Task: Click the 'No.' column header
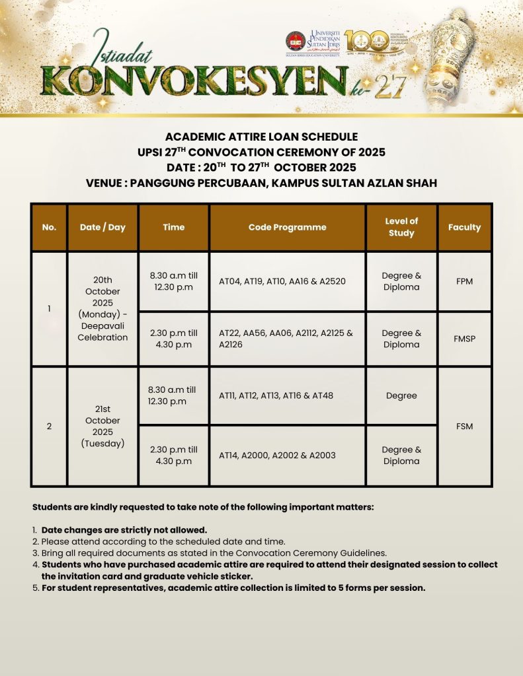click(49, 227)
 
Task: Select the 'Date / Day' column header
click(102, 227)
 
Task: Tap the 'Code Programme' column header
click(287, 227)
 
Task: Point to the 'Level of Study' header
click(401, 227)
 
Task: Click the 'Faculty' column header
click(464, 227)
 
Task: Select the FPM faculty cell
click(464, 281)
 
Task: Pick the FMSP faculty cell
click(464, 339)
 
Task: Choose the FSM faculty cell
click(464, 426)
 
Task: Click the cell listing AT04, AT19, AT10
click(287, 281)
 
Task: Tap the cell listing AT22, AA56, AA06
click(287, 339)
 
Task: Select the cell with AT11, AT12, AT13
click(287, 395)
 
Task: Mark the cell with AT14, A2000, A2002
click(287, 456)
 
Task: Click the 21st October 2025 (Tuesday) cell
click(102, 426)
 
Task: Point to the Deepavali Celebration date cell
click(102, 308)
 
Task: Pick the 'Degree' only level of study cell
click(401, 395)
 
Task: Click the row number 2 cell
click(49, 426)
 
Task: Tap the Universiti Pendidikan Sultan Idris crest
click(295, 41)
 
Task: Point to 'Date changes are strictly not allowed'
click(124, 529)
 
